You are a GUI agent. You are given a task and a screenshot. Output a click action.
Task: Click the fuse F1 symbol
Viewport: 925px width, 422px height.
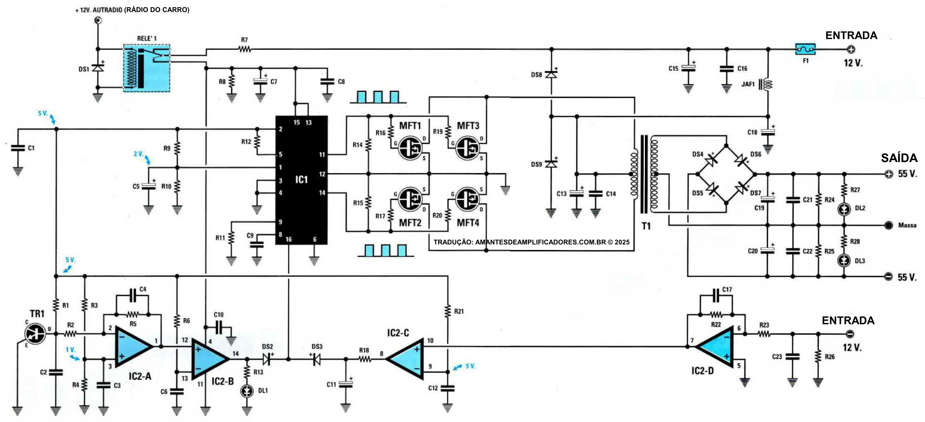tap(805, 49)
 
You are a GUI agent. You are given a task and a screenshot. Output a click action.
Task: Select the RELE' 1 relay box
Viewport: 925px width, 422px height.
tap(147, 68)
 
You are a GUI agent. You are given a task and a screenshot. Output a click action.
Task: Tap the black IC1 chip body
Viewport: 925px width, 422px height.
tap(301, 180)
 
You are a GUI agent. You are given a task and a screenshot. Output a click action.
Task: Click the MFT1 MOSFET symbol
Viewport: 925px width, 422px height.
tap(409, 148)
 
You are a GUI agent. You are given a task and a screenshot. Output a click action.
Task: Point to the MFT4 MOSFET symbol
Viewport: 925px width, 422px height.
tap(467, 199)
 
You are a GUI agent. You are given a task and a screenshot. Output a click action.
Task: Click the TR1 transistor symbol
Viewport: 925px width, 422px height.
tap(35, 333)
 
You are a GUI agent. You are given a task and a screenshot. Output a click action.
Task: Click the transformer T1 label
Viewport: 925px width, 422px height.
tap(646, 226)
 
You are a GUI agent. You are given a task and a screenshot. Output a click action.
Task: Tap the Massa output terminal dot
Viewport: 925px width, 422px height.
tap(889, 225)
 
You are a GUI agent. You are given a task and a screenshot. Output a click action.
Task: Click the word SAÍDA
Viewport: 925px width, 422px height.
tap(899, 158)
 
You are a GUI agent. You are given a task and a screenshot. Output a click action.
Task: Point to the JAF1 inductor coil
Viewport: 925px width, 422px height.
tap(768, 84)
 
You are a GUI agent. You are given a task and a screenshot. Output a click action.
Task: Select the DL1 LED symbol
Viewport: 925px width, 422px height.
tap(247, 391)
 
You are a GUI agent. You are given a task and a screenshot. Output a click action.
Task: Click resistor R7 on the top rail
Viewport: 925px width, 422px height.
tap(245, 49)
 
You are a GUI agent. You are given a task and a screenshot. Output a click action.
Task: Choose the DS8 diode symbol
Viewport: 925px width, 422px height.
tap(551, 74)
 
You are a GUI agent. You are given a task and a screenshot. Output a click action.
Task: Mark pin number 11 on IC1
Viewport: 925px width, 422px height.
tap(322, 155)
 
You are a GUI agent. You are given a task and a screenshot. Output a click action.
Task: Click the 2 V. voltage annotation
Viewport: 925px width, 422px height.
tap(138, 154)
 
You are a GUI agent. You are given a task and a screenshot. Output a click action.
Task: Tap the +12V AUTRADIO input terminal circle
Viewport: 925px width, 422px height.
tap(98, 20)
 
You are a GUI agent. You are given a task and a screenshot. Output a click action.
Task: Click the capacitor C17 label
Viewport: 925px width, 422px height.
tap(727, 290)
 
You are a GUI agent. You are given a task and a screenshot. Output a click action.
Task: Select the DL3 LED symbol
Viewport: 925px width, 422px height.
tap(844, 260)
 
